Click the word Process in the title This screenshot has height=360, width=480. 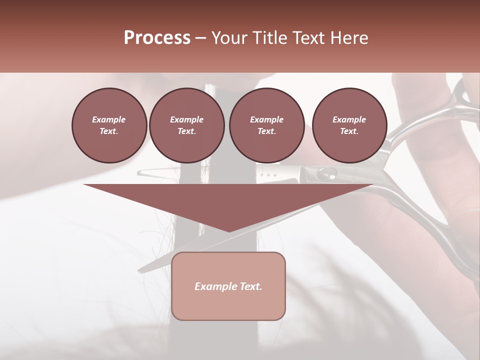(157, 38)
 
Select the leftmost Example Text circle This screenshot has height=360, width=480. (109, 125)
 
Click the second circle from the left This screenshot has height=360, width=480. (186, 125)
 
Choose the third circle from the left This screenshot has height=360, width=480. (266, 125)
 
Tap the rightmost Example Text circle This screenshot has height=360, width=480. (349, 125)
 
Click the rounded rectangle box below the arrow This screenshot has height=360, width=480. (228, 286)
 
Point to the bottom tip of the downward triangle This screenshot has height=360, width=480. (228, 231)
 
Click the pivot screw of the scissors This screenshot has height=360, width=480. (326, 174)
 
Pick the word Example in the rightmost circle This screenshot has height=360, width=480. (349, 119)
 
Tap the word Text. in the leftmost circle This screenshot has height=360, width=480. (109, 131)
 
